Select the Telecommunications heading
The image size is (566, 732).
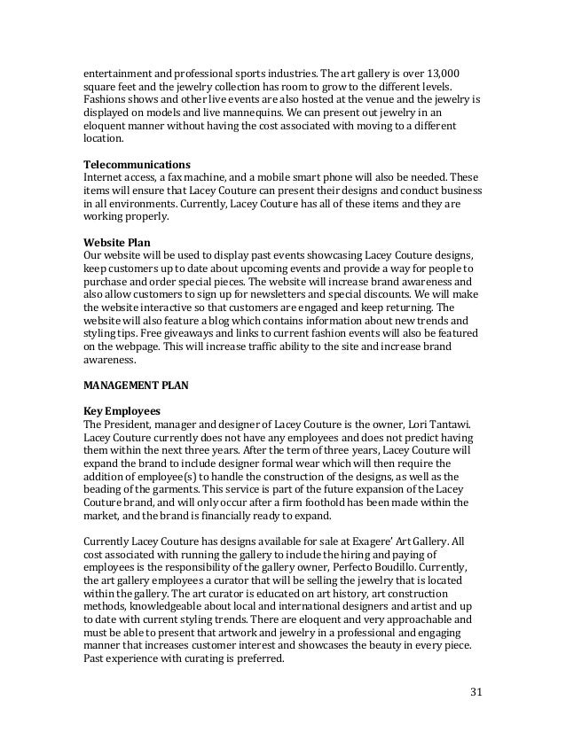[137, 165]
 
